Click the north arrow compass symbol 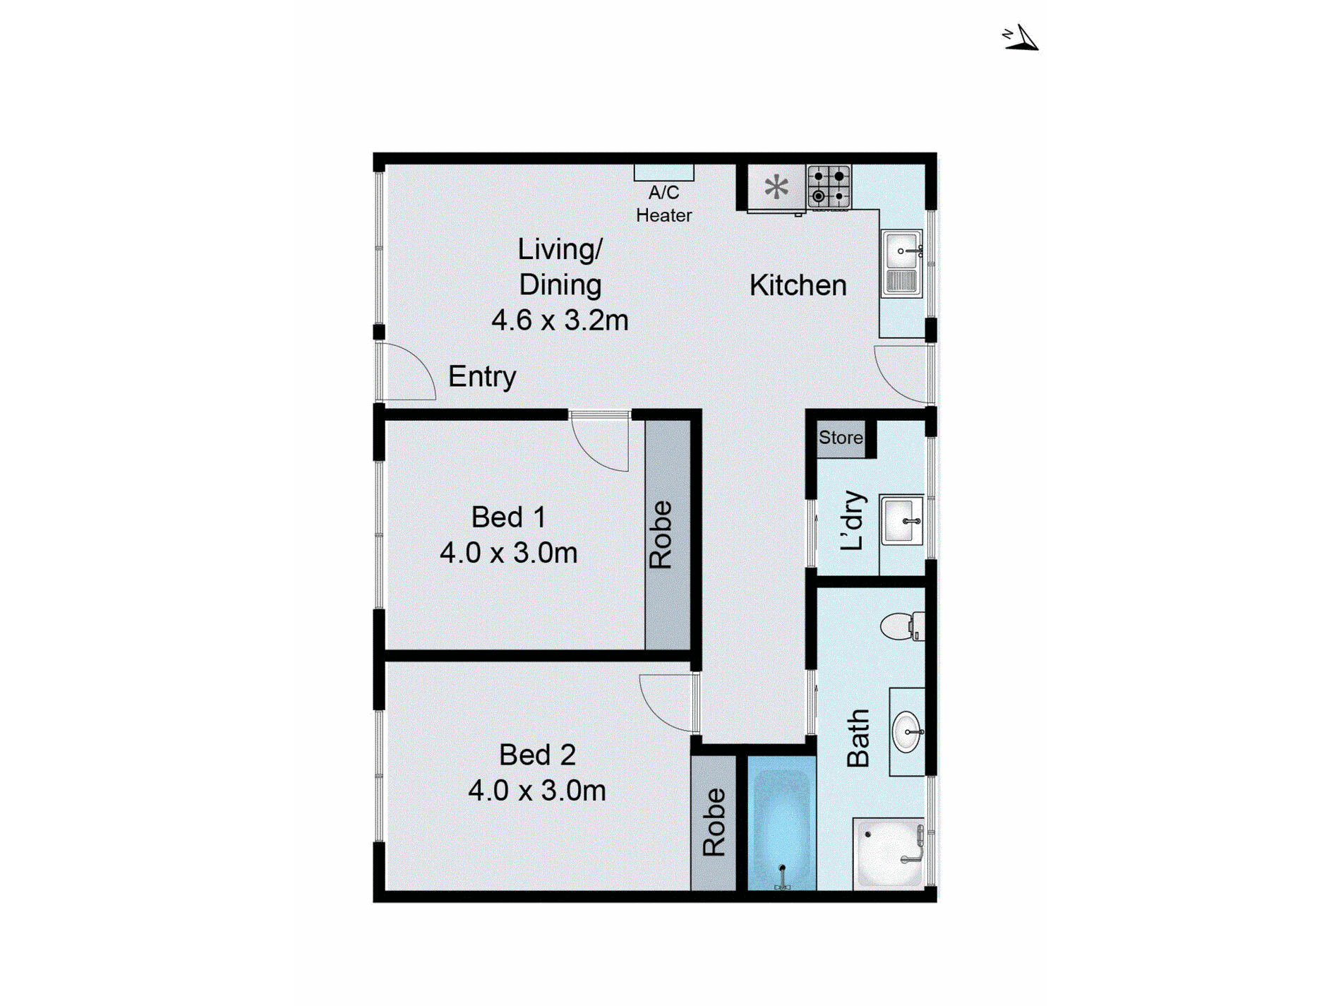pyautogui.click(x=1021, y=38)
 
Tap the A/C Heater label pyautogui.click(x=663, y=204)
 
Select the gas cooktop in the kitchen pyautogui.click(x=829, y=186)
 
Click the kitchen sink pyautogui.click(x=901, y=263)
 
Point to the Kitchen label pyautogui.click(x=798, y=285)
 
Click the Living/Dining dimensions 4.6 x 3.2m pyautogui.click(x=560, y=321)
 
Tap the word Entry pyautogui.click(x=482, y=376)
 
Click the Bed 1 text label pyautogui.click(x=508, y=517)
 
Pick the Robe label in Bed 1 pyautogui.click(x=661, y=534)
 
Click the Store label pyautogui.click(x=841, y=438)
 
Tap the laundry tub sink pyautogui.click(x=901, y=520)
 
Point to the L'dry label pyautogui.click(x=853, y=520)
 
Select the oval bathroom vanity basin pyautogui.click(x=907, y=732)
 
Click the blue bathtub pyautogui.click(x=781, y=826)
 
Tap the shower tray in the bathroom pyautogui.click(x=889, y=853)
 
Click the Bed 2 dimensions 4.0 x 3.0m pyautogui.click(x=537, y=791)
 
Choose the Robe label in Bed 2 pyautogui.click(x=714, y=822)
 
